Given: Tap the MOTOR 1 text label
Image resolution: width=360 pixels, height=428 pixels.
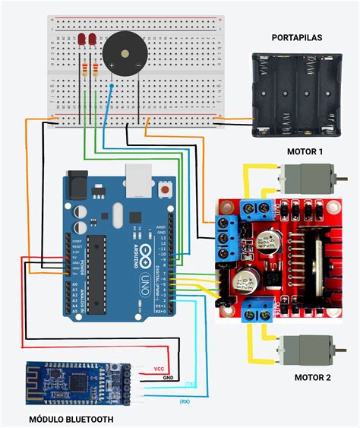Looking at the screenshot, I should pos(305,151).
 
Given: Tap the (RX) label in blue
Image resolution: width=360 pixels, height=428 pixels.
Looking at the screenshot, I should pos(185,401).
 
